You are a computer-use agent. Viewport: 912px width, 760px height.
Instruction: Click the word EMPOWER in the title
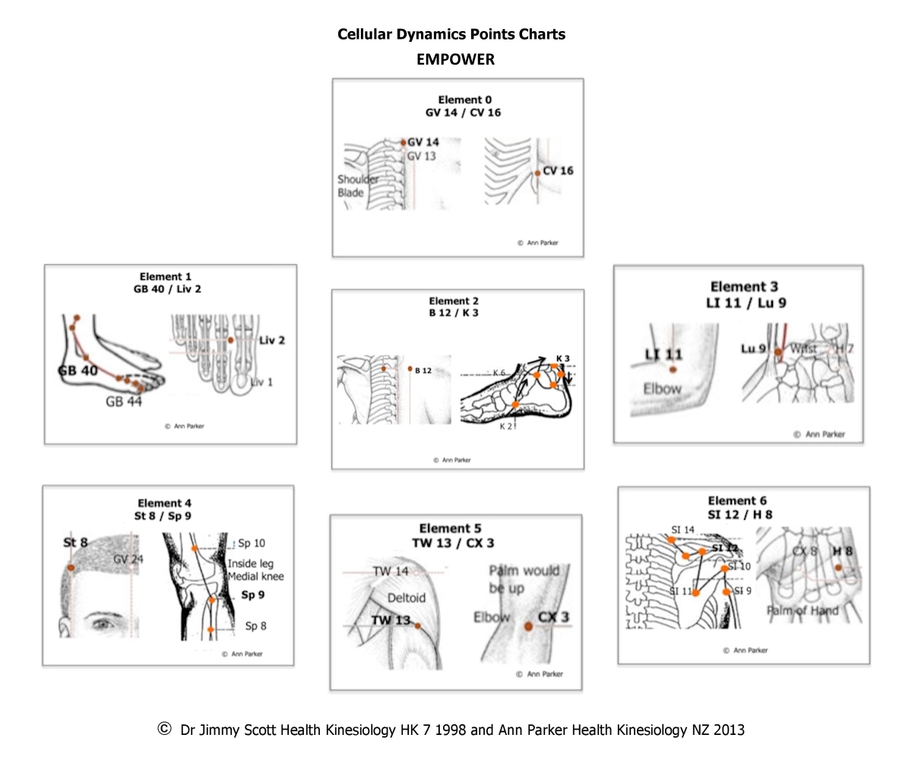(455, 59)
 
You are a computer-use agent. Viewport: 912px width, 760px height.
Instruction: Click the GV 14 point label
(423, 142)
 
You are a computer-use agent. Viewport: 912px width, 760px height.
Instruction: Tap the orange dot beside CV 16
(537, 173)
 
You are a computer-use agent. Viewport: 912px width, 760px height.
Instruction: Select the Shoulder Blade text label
(358, 186)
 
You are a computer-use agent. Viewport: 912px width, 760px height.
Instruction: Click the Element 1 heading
(166, 277)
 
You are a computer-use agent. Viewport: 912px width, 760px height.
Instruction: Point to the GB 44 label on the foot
(124, 402)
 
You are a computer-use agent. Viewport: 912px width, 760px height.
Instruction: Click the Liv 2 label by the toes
(271, 340)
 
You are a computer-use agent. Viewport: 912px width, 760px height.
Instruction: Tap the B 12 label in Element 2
(423, 371)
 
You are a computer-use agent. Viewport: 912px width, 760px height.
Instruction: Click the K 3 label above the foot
(562, 358)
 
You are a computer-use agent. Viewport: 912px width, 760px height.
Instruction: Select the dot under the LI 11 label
(673, 370)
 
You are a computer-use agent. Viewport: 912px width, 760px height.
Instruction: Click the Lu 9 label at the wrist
(753, 349)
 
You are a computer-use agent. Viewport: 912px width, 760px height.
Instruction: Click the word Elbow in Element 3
(662, 388)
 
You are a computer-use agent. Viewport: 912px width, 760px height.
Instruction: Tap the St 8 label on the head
(75, 543)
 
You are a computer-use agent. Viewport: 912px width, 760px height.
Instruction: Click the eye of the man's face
(101, 623)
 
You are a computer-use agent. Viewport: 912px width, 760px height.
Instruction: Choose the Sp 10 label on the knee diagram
(252, 543)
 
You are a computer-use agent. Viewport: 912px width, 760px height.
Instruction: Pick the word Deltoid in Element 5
(407, 598)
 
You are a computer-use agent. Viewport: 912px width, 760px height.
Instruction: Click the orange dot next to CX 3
(528, 625)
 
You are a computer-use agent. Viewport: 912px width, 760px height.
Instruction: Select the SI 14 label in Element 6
(682, 530)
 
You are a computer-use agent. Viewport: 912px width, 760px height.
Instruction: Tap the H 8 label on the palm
(842, 551)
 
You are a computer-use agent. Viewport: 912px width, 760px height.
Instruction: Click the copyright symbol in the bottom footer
(163, 729)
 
